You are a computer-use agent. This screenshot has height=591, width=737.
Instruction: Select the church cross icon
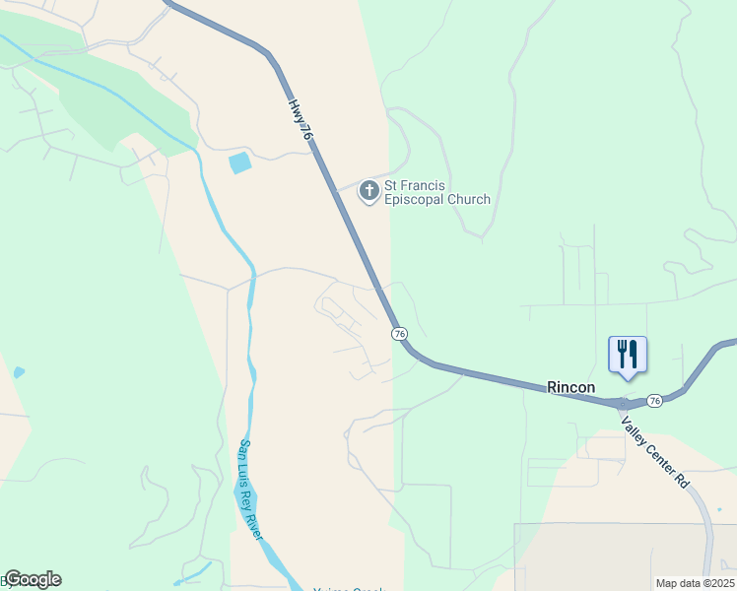point(369,190)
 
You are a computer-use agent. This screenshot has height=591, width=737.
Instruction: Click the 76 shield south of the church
point(399,334)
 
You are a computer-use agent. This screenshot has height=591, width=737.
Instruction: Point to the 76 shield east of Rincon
point(655,401)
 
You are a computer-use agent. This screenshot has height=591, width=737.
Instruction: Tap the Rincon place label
point(571,388)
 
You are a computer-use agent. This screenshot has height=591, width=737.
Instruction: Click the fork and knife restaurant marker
point(628,354)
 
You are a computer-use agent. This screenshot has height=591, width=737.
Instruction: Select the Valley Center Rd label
point(654,450)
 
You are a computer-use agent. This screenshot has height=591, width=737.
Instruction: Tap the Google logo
point(33,579)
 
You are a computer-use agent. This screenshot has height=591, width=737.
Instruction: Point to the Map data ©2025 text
point(695,583)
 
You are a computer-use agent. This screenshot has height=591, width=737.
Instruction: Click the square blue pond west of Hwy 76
point(239,163)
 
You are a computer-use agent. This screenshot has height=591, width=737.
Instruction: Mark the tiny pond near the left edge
point(18,372)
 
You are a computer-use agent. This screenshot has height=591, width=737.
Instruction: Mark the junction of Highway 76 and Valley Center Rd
point(621,404)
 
